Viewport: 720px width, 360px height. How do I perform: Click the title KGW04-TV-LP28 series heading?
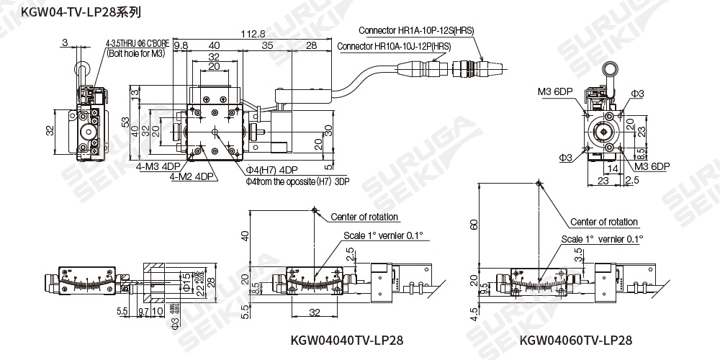click(x=71, y=12)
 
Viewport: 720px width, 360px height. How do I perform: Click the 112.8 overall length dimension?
click(x=252, y=33)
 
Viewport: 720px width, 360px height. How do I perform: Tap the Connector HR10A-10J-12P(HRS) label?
click(x=394, y=46)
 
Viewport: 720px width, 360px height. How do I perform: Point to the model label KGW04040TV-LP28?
click(x=346, y=340)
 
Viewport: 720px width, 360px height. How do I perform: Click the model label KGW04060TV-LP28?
click(x=576, y=340)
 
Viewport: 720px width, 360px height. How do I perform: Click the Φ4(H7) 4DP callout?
click(x=271, y=170)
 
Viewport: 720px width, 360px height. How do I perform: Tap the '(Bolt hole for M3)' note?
click(x=141, y=53)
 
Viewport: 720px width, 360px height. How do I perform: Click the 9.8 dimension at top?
click(x=180, y=45)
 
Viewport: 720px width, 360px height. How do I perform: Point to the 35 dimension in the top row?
click(x=267, y=45)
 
